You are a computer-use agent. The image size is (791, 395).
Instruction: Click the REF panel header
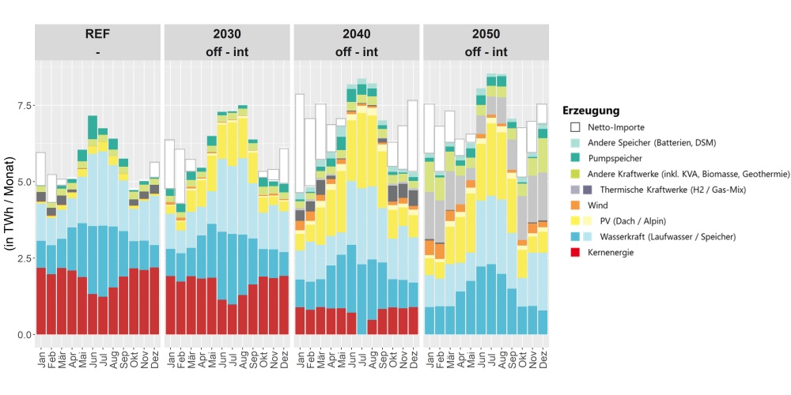[x=97, y=42]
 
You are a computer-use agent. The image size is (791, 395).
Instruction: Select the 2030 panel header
[x=227, y=42]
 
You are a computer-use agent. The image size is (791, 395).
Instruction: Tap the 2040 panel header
[x=357, y=42]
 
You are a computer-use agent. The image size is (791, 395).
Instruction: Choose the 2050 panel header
[x=486, y=42]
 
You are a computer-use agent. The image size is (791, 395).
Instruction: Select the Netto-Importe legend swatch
[x=576, y=126]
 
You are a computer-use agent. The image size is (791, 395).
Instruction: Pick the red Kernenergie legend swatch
[x=576, y=253]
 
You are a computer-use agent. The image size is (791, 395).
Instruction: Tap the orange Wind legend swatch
[x=576, y=205]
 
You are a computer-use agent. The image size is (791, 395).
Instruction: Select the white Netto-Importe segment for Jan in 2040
[x=300, y=143]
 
